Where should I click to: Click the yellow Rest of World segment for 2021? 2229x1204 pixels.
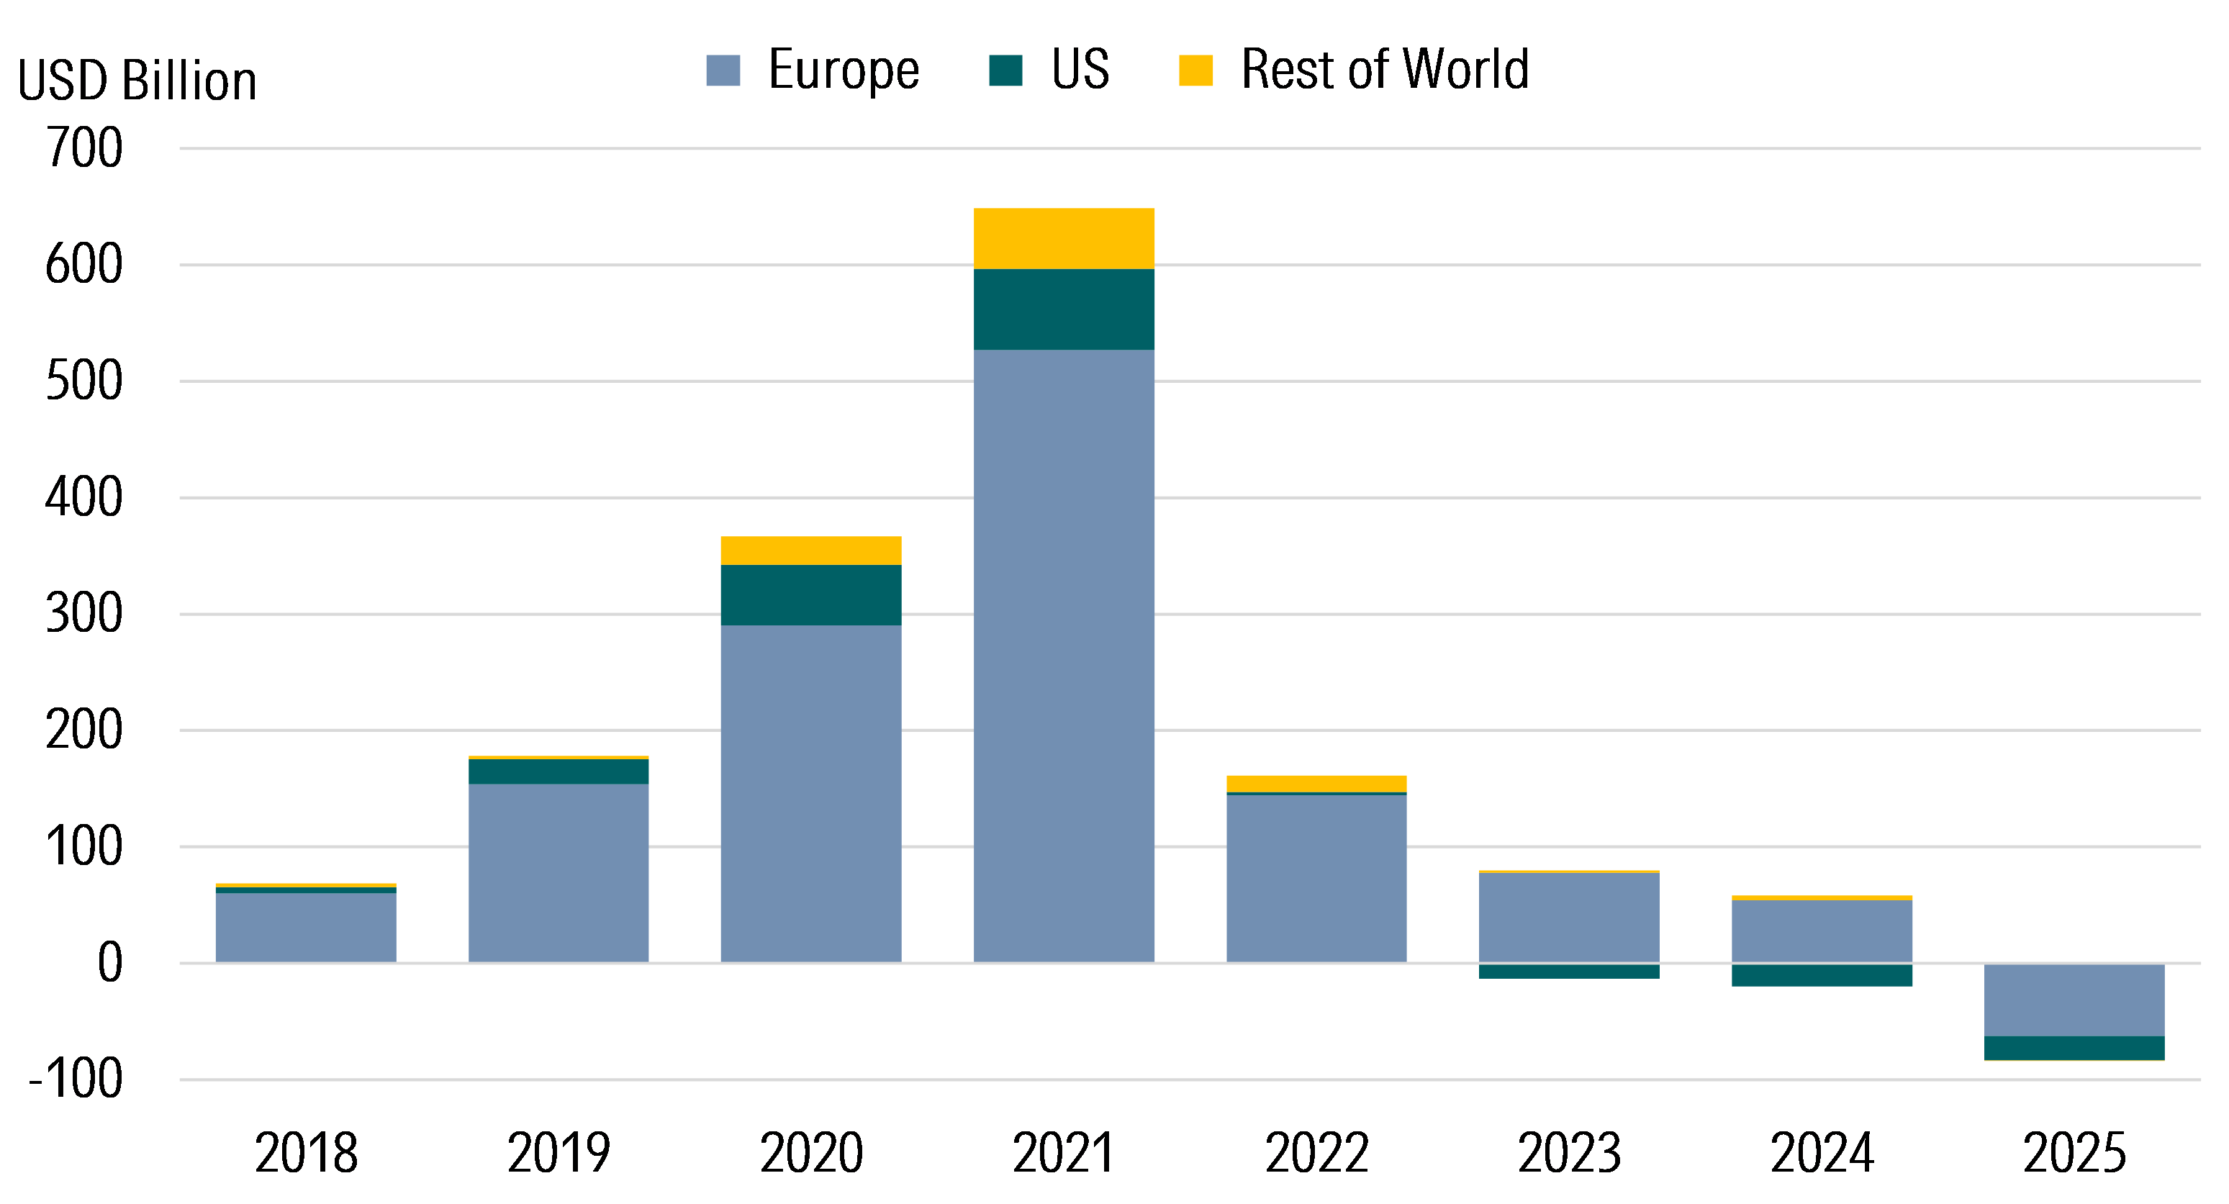click(1064, 239)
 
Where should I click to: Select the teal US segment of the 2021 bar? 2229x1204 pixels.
click(1064, 309)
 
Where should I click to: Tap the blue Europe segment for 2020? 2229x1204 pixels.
click(811, 792)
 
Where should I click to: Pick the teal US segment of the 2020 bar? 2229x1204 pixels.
click(811, 595)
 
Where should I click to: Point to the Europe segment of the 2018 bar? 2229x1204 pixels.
click(305, 927)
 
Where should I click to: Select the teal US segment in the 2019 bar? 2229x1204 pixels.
click(558, 771)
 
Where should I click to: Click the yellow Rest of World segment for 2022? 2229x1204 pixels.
click(1316, 784)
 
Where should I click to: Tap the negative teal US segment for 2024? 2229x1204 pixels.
click(1822, 976)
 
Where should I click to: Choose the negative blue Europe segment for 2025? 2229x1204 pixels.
click(2074, 1000)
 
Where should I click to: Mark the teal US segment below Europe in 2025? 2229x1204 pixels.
click(2074, 1047)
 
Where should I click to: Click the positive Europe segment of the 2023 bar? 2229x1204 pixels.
click(1569, 917)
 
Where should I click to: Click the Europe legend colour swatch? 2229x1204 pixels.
click(723, 70)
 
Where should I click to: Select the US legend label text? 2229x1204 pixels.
click(1080, 69)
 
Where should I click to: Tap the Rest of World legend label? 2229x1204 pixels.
click(1385, 69)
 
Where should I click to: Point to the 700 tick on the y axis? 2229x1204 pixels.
click(84, 148)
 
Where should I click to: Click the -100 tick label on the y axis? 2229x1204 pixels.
click(76, 1079)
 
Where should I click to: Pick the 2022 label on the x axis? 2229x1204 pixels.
click(1316, 1152)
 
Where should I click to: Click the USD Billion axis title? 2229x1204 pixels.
click(137, 81)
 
